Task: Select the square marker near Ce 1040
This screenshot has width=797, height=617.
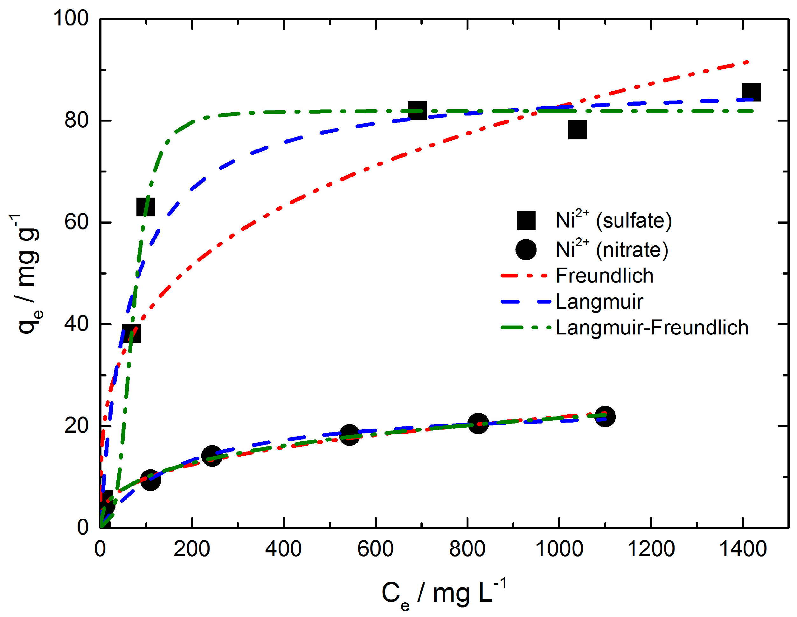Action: coord(577,130)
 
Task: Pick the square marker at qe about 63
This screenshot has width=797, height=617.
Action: coord(146,207)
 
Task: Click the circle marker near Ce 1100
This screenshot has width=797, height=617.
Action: coord(605,416)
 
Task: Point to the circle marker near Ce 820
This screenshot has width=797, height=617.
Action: coord(478,424)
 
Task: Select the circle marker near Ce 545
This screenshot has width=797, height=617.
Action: coord(349,434)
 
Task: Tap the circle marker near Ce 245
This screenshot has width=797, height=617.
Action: coord(212,456)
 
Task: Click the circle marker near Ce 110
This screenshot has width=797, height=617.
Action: coord(150,480)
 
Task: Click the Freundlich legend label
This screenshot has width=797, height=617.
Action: coord(604,276)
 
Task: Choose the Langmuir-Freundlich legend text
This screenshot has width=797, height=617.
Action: coord(652,327)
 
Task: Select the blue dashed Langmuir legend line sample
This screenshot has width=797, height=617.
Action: coord(525,302)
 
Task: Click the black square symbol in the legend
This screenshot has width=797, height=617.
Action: coord(526,220)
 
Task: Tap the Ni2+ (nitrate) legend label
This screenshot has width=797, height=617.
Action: coord(612,249)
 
